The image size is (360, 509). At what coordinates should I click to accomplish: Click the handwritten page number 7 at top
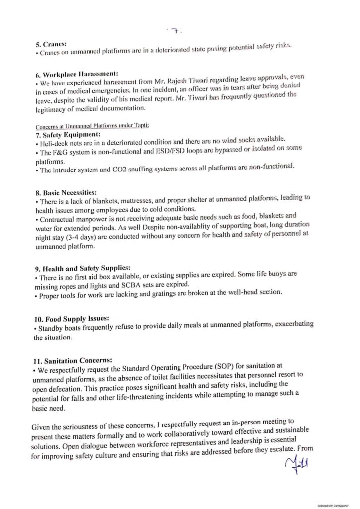174,31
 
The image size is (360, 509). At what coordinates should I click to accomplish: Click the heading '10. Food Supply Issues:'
72,318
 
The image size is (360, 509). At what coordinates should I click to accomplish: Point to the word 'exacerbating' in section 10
290,325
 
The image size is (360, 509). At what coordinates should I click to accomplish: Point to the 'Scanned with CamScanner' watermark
337,505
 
